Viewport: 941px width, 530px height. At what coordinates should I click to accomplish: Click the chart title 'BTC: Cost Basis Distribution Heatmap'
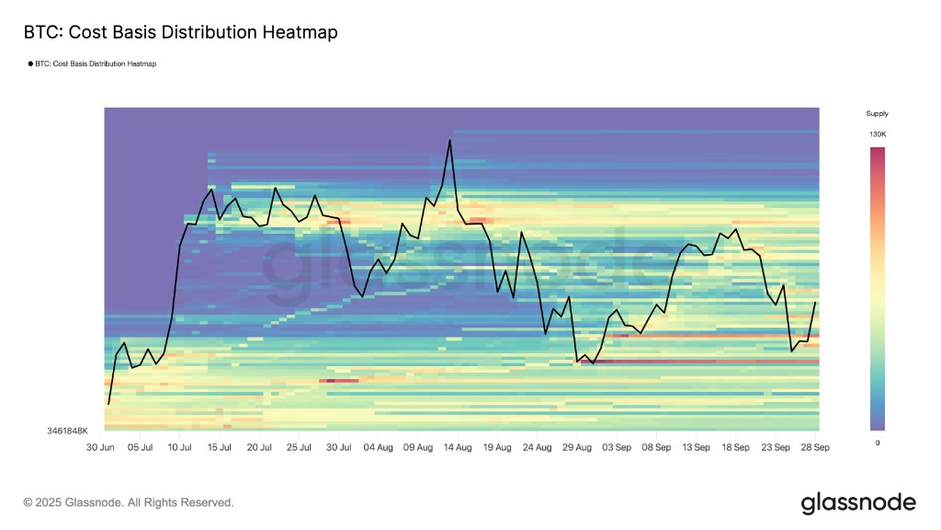pos(180,32)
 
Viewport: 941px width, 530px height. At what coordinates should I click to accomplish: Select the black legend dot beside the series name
pos(29,64)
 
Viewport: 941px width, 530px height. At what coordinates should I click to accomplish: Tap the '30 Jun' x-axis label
pos(100,447)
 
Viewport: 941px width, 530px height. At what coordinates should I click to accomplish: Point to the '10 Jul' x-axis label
pos(180,447)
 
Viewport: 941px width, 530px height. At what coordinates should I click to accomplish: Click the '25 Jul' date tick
pos(299,447)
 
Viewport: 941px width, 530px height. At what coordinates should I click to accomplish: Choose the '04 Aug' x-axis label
pos(379,447)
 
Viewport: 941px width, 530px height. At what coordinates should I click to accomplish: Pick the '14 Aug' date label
pos(458,447)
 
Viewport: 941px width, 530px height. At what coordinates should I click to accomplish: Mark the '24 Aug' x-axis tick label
pos(537,447)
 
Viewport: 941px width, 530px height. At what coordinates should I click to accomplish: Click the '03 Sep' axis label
pos(617,447)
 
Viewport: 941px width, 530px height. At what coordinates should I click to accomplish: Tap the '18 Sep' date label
pos(735,447)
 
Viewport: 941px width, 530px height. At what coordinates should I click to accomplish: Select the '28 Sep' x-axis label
pos(815,447)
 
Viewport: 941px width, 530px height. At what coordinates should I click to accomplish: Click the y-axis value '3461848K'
pos(68,431)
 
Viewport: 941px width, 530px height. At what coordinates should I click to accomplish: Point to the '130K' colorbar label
pos(878,135)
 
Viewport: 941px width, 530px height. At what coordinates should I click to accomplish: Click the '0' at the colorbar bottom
pos(878,443)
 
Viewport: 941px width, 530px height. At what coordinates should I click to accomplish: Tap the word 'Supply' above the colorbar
pos(878,114)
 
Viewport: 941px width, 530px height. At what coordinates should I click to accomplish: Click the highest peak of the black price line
pos(449,141)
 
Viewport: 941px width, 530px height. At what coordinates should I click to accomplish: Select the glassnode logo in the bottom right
pos(858,503)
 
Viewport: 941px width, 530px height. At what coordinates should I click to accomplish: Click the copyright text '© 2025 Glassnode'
pos(129,502)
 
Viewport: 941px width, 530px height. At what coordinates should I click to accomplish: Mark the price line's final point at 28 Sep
pos(816,302)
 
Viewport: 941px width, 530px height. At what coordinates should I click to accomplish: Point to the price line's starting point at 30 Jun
pos(108,404)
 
